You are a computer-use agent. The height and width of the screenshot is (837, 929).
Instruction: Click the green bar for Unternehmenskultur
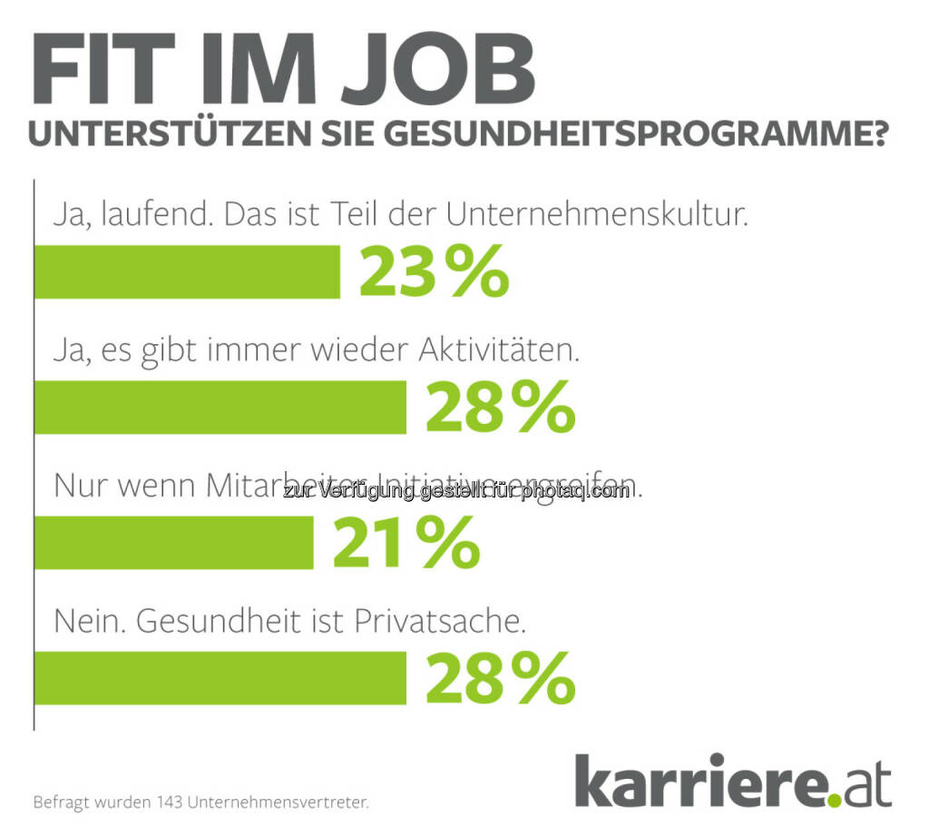(x=187, y=271)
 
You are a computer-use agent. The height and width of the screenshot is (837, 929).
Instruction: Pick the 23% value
(x=434, y=272)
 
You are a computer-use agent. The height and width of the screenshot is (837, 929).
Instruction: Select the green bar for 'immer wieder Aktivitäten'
(x=220, y=407)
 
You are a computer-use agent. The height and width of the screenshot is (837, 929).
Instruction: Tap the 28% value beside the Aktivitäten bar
(x=500, y=408)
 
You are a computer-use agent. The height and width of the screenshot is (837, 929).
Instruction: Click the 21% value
(x=406, y=543)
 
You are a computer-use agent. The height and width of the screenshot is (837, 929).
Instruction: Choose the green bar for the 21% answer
(x=174, y=543)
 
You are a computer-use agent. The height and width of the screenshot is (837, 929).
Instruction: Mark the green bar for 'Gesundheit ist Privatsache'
(x=220, y=678)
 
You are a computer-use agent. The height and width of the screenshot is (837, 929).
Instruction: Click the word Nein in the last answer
(x=85, y=624)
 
